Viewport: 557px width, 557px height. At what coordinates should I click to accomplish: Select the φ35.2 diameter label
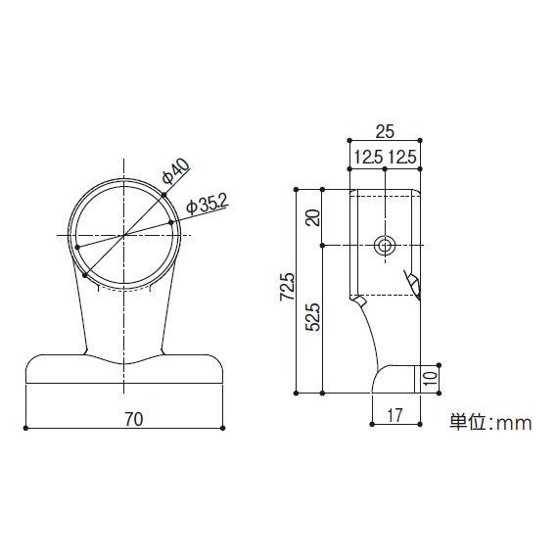tap(207, 204)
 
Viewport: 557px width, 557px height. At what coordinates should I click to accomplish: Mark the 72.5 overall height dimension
tap(286, 289)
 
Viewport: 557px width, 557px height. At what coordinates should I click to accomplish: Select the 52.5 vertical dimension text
tap(312, 317)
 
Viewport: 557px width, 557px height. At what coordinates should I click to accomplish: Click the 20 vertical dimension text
tap(312, 216)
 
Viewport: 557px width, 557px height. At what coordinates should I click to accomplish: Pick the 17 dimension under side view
tap(395, 415)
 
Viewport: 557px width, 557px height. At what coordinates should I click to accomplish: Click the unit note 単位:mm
tap(489, 423)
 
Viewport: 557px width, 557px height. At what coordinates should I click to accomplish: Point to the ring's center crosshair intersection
tap(122, 236)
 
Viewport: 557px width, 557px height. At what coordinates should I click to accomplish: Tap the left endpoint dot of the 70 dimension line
tap(26, 428)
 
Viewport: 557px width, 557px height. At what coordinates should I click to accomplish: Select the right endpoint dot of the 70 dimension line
tap(224, 428)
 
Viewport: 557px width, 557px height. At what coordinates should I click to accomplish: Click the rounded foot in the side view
tap(396, 379)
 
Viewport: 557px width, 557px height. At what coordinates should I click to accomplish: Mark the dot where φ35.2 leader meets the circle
tap(171, 222)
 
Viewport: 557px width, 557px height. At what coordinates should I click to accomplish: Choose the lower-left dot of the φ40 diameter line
tap(87, 275)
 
